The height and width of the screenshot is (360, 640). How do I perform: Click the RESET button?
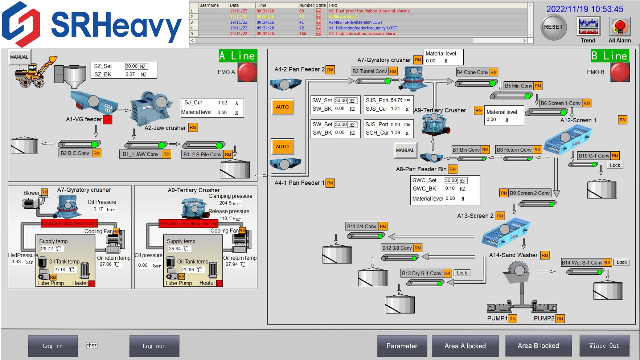pos(553,27)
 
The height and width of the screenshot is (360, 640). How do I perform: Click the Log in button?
pos(53,346)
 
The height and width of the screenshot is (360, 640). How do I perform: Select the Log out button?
pos(154,346)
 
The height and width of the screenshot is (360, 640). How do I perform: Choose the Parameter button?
pos(402,346)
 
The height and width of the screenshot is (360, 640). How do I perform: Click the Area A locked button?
pos(465,346)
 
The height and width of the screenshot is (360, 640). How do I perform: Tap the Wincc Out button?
pos(604,346)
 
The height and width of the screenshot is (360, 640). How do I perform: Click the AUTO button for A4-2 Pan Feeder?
pos(282,107)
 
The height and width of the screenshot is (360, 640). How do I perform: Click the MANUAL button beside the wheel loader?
pos(19,57)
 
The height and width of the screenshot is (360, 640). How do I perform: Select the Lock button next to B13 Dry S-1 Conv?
pos(462,273)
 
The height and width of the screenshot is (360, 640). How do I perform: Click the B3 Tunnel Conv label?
pos(370,71)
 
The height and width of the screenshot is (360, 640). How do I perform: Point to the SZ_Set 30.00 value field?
pos(132,66)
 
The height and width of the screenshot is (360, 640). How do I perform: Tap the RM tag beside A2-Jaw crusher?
pos(193,127)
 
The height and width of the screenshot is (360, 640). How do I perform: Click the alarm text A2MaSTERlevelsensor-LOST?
pos(355,22)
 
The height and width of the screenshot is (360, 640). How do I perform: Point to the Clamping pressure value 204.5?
pos(225,203)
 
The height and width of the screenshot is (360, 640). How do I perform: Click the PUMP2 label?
pos(544,318)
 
